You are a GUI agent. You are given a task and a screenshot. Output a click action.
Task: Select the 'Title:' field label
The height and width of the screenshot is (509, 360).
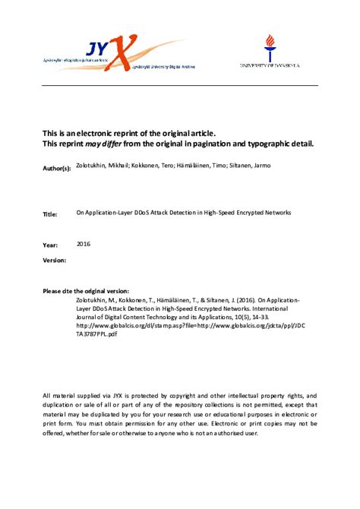tap(50, 215)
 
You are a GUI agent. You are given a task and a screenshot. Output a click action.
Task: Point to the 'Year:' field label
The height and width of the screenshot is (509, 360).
tap(49, 245)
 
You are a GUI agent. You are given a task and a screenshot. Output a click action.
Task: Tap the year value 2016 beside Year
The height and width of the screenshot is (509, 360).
tap(84, 245)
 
